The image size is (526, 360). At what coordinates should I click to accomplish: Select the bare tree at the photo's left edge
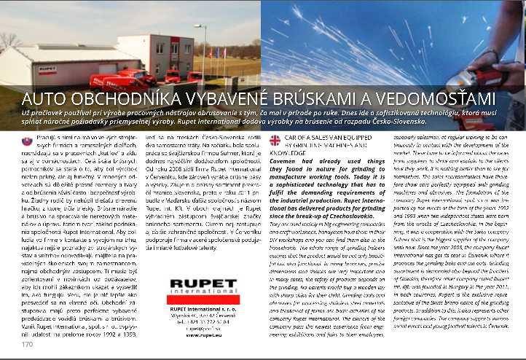point(8,40)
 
